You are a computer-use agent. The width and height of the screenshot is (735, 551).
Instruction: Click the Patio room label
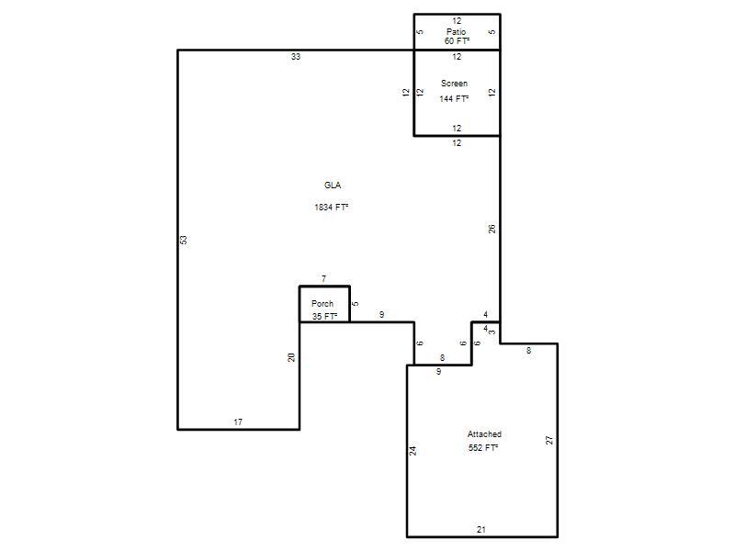click(456, 32)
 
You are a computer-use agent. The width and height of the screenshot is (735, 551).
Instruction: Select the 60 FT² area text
click(457, 41)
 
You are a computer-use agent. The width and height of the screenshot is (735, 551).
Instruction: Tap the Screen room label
click(454, 84)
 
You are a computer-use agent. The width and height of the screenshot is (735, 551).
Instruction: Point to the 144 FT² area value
click(454, 99)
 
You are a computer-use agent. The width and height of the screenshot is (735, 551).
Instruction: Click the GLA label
click(333, 186)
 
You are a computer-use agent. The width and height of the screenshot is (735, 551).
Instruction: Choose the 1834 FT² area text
click(332, 208)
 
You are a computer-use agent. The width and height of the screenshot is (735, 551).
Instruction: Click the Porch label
click(322, 304)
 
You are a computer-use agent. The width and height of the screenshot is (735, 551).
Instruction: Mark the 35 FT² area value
click(325, 317)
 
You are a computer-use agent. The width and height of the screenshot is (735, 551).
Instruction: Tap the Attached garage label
click(484, 434)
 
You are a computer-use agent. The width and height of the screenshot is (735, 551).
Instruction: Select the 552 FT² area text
click(483, 448)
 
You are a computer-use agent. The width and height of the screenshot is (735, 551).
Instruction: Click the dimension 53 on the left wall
click(184, 240)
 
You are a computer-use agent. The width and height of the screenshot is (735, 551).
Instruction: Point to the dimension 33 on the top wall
click(296, 57)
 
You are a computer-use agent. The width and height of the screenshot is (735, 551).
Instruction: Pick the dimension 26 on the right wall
click(492, 229)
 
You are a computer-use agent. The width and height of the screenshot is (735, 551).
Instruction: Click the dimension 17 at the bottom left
click(238, 422)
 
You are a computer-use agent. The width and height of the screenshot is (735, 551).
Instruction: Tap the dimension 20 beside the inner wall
click(291, 357)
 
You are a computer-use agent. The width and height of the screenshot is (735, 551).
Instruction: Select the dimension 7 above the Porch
click(324, 279)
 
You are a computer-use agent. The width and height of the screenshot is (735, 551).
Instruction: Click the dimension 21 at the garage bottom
click(481, 530)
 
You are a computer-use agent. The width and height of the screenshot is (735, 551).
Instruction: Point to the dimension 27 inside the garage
click(549, 441)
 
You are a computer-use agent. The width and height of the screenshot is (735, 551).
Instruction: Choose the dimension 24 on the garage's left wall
click(413, 451)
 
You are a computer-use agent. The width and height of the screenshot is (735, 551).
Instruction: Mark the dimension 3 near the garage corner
click(492, 332)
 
